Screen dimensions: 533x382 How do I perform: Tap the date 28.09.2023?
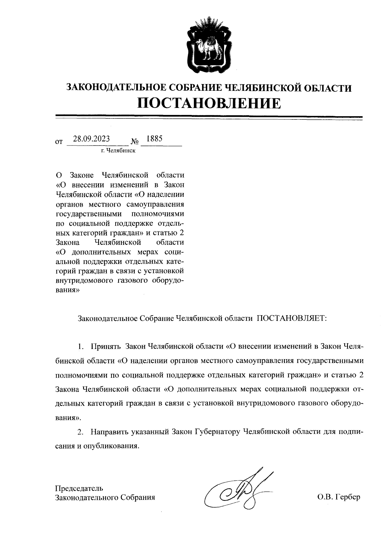[91, 139]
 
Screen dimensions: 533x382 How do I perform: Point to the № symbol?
[134, 141]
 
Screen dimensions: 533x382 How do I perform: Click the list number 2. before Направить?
[81, 432]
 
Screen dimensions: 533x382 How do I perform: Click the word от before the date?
[59, 141]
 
